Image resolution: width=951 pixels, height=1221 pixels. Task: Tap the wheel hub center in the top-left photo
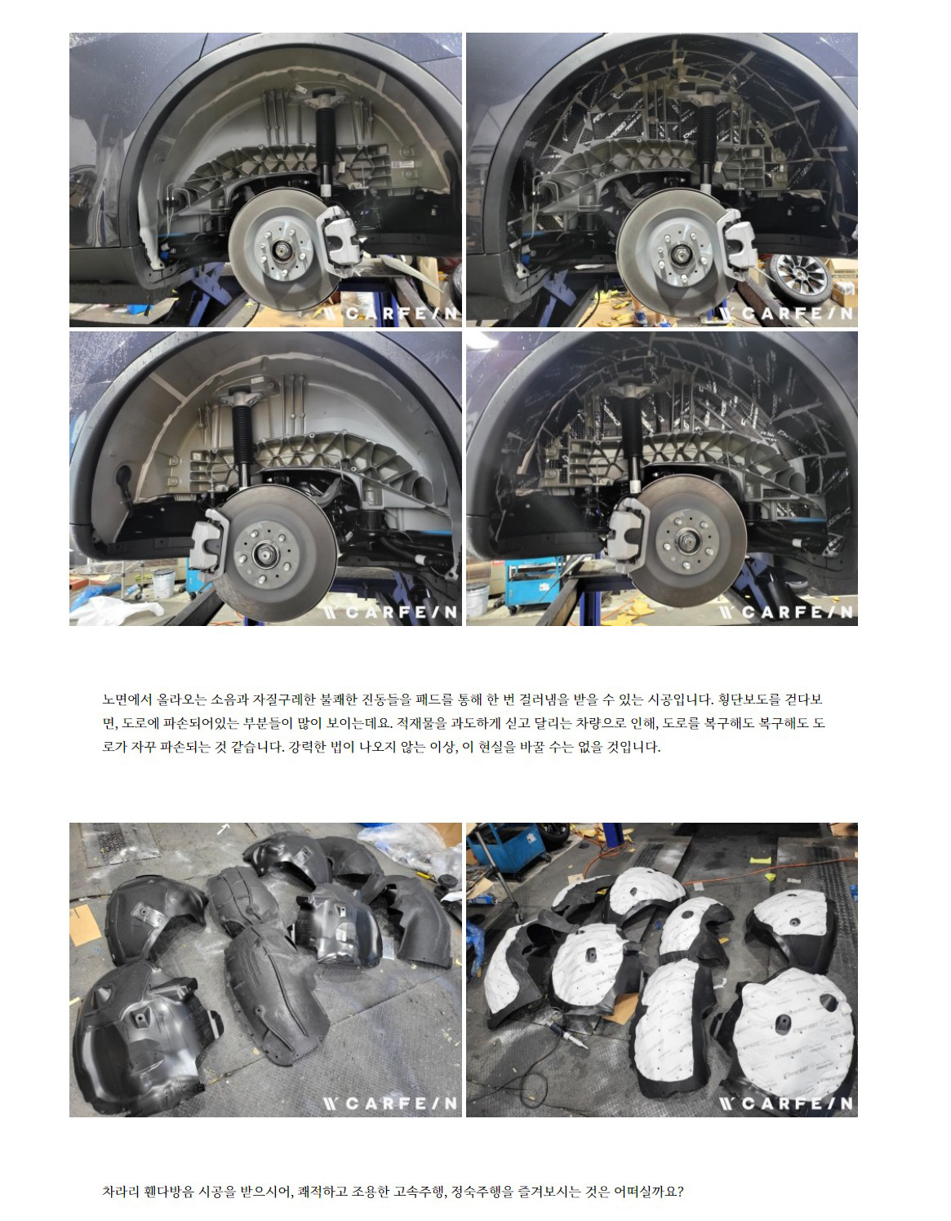pos(280,251)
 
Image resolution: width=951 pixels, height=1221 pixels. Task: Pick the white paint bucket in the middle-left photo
pos(163,584)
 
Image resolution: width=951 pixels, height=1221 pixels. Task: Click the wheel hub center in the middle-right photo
pos(687,541)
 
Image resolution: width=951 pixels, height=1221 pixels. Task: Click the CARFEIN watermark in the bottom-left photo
pos(391,1103)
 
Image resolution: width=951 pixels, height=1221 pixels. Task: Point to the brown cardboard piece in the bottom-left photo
pos(85,925)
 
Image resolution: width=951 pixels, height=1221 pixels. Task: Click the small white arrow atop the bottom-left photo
pos(224,829)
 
